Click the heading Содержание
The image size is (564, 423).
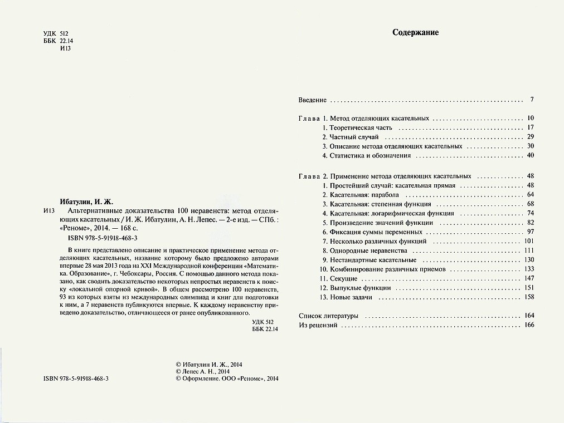(x=415, y=32)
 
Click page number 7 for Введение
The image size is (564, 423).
(x=532, y=100)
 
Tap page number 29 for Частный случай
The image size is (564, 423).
(x=530, y=137)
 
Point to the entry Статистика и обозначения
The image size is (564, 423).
(x=370, y=155)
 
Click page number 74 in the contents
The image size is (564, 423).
(x=530, y=213)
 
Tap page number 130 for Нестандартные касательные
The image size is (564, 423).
(x=529, y=260)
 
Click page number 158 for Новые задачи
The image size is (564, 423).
(x=529, y=297)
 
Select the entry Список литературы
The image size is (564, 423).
(x=328, y=316)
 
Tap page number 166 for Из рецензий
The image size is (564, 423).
(x=529, y=325)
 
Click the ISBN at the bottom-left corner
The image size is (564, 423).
(x=75, y=378)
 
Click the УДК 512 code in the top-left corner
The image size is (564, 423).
(x=55, y=34)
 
